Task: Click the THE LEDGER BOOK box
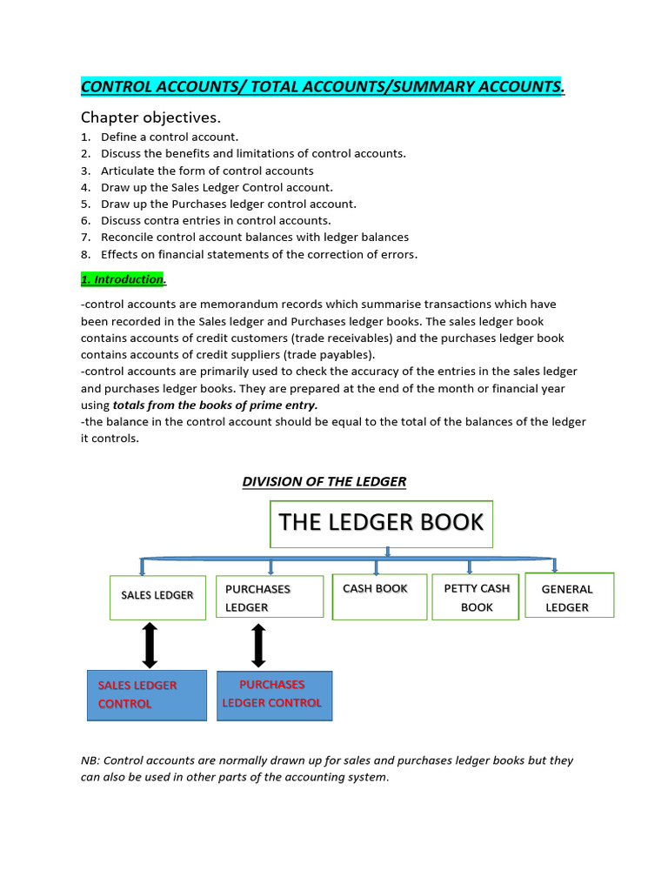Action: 381,523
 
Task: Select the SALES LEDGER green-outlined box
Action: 157,597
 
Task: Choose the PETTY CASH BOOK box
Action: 476,597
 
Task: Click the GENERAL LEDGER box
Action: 570,596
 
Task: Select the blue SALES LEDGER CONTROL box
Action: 147,694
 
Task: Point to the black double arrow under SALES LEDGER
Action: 150,645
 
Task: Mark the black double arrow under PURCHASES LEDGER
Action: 258,645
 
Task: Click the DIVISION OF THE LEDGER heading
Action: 324,481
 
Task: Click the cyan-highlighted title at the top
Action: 322,86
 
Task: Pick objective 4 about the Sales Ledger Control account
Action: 217,187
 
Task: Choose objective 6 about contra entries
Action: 216,220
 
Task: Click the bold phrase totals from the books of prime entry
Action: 215,405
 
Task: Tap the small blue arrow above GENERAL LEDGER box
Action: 555,566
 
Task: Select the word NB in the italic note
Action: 90,760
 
